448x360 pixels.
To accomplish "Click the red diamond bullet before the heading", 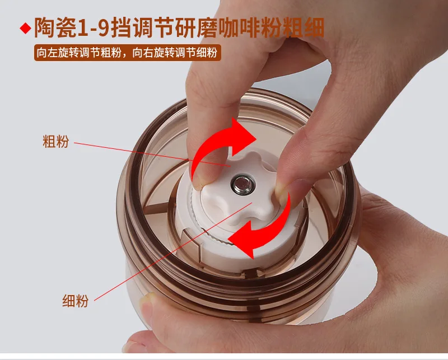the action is point(25,29).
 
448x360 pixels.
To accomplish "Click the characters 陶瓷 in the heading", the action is point(55,28).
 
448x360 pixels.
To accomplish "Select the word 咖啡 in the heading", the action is point(239,28).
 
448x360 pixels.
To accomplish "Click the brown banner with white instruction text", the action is point(128,53).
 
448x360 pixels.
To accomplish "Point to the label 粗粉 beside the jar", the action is point(55,141).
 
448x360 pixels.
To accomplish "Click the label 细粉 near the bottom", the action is point(76,301).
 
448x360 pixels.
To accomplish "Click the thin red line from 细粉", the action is point(173,251).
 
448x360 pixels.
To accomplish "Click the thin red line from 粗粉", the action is point(152,155).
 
